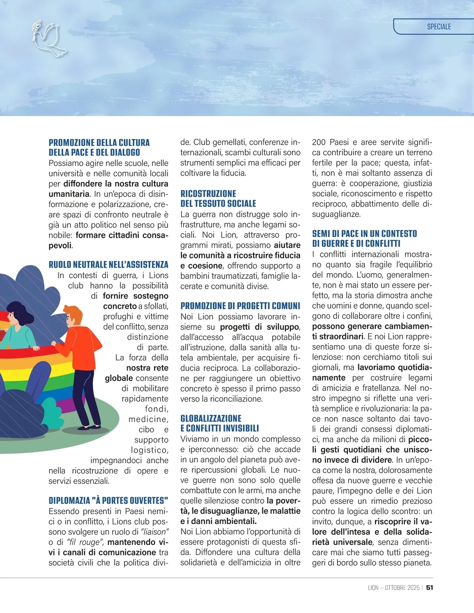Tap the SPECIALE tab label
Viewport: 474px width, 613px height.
(438, 27)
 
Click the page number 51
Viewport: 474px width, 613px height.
(430, 588)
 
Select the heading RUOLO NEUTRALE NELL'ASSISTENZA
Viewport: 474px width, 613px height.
(108, 264)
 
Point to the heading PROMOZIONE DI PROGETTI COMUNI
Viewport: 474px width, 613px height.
(240, 306)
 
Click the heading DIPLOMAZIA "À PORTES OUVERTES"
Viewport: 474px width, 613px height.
(108, 500)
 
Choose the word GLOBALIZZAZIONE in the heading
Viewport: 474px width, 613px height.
(211, 418)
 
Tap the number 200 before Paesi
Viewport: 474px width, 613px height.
(319, 142)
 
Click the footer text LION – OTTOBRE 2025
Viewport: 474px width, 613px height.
(393, 588)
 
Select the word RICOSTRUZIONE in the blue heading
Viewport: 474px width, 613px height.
(208, 194)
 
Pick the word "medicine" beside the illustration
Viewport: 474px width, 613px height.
(148, 419)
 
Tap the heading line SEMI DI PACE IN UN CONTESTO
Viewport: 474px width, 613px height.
(364, 234)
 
